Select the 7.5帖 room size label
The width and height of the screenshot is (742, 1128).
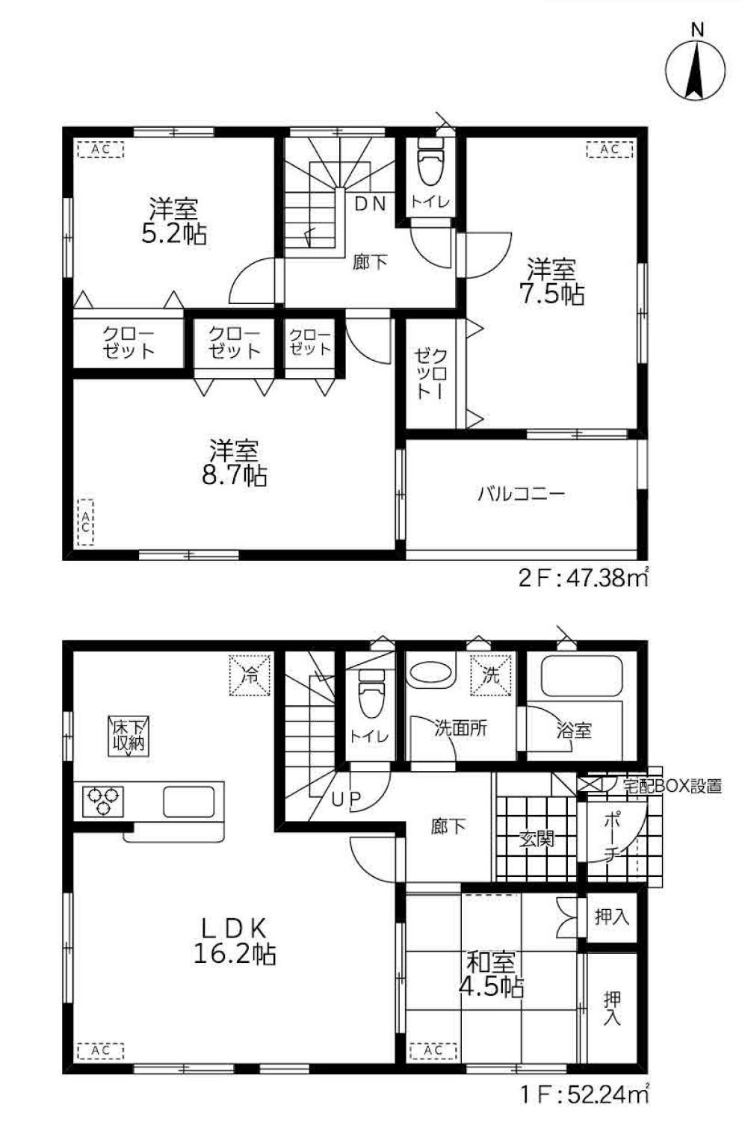point(551,294)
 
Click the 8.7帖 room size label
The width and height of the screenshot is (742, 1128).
point(234,474)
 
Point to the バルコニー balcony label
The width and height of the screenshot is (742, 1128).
point(522,494)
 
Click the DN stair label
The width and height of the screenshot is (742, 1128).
point(370,203)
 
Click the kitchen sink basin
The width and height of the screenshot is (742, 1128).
point(189,802)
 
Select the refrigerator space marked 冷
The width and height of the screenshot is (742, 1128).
point(250,675)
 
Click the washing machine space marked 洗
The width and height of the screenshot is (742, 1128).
point(491,675)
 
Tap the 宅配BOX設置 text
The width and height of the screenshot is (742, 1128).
point(672,786)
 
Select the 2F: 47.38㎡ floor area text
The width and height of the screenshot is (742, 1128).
point(583,579)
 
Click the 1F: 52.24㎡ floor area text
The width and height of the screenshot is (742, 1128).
point(583,1109)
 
